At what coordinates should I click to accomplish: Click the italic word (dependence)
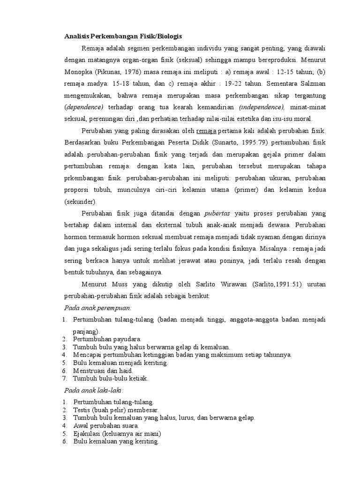83,107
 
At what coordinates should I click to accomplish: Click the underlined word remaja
207,131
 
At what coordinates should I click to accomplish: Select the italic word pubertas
218,214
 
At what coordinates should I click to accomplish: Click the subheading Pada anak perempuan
97,308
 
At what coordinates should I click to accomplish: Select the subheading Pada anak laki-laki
94,390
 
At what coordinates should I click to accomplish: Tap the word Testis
82,410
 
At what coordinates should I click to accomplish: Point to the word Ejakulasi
87,434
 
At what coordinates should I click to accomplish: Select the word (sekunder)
80,202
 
